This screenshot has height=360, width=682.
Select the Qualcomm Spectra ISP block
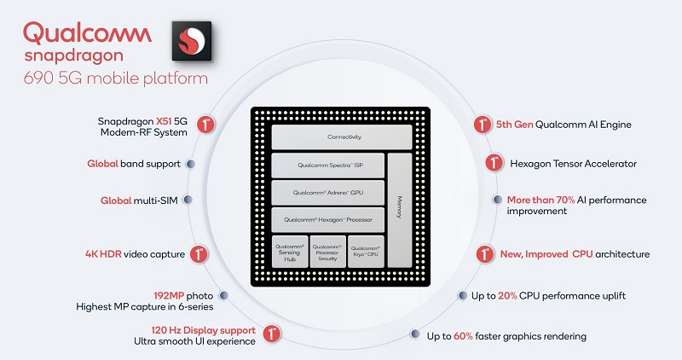[327, 165]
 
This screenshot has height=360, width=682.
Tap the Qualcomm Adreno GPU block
[327, 192]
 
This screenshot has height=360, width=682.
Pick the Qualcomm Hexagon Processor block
[327, 219]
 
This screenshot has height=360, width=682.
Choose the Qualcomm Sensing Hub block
[288, 252]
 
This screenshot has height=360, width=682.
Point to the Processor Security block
[327, 252]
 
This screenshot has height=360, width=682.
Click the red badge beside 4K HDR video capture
[199, 254]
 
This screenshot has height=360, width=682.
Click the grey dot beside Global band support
[191, 164]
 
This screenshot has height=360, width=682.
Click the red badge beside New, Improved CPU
[483, 254]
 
